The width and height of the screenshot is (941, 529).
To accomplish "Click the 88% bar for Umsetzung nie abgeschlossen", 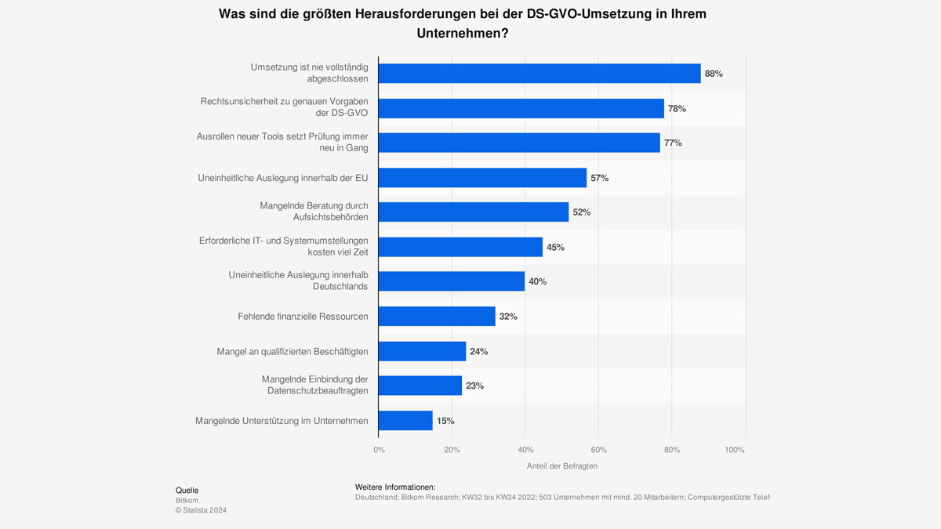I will [x=540, y=74].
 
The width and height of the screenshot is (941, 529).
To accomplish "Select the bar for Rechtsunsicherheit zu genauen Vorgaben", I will [x=521, y=108].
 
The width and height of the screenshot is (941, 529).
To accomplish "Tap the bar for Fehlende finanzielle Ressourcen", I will [x=437, y=316].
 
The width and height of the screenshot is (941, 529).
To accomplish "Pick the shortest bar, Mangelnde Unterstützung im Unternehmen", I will [x=405, y=420].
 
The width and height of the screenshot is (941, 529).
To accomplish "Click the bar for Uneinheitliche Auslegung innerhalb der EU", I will [x=482, y=178].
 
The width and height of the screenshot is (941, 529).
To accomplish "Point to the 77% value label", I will [x=673, y=143].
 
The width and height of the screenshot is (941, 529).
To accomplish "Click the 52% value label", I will [x=581, y=212].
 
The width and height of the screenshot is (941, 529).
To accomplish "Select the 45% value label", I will [x=555, y=247].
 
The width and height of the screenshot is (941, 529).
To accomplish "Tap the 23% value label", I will [x=474, y=386].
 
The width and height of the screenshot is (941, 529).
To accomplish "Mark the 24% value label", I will [x=478, y=351].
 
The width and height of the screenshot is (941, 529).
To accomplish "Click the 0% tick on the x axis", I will [x=379, y=450].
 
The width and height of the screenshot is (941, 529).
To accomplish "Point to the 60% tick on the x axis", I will [x=598, y=450].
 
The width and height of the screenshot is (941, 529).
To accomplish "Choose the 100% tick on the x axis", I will [x=735, y=450].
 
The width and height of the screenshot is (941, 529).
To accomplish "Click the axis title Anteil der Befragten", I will [x=561, y=466].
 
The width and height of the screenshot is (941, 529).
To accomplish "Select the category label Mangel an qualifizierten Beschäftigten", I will [x=292, y=351].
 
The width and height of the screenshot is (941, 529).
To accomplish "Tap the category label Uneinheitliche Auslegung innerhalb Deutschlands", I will [x=298, y=281].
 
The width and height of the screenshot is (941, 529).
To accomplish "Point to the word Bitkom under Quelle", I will [x=187, y=500].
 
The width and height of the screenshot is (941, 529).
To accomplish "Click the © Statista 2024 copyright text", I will [x=201, y=510].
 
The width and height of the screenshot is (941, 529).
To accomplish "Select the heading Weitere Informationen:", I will [x=395, y=487].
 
